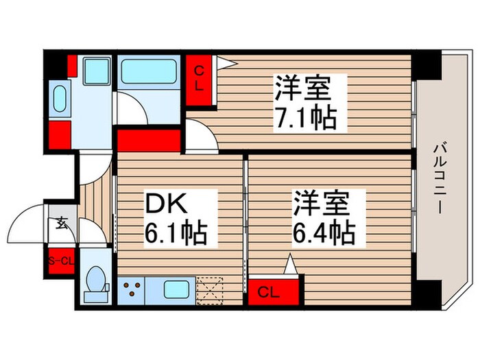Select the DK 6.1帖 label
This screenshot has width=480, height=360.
(175, 219)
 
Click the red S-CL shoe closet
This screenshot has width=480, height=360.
(60, 261)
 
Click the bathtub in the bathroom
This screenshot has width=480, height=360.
(149, 71)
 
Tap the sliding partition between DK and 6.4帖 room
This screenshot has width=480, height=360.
(245, 219)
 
